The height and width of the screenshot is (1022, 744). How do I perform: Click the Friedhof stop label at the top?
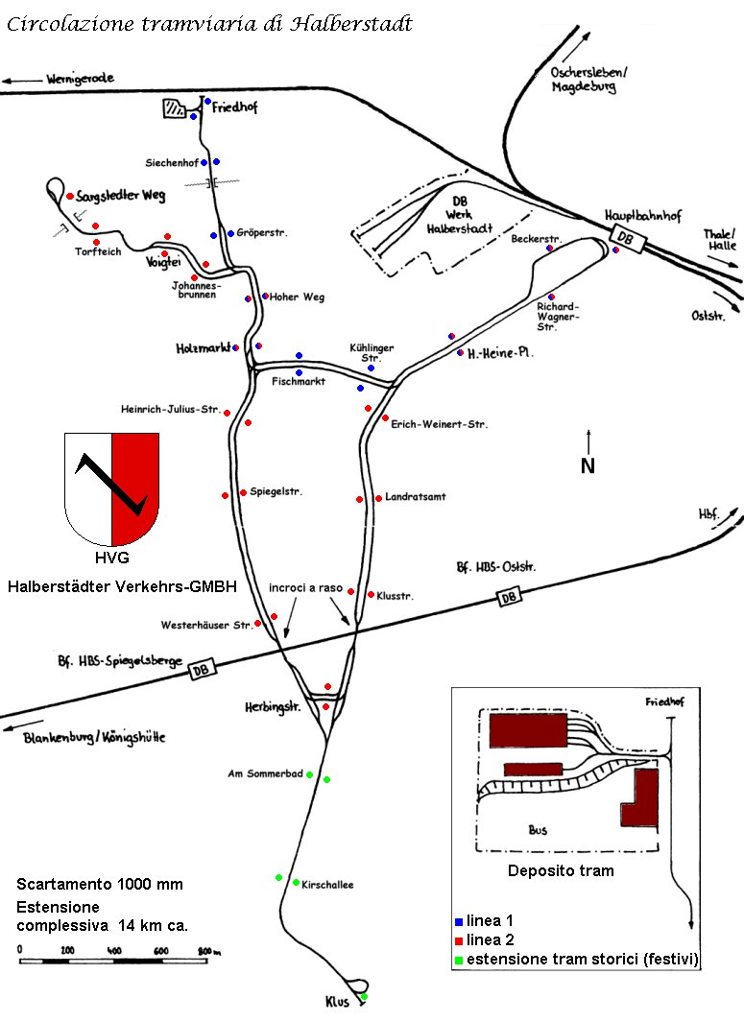[x=234, y=107]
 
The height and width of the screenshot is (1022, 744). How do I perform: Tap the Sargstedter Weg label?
[x=121, y=196]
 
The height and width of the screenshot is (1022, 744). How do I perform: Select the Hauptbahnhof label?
[x=643, y=216]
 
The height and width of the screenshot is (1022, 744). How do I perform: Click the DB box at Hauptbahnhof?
[x=626, y=239]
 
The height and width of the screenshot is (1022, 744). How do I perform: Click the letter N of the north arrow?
[x=588, y=465]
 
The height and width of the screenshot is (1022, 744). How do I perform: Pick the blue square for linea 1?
[x=458, y=921]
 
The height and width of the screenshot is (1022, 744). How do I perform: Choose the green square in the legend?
[x=458, y=960]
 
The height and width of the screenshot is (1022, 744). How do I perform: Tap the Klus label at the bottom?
[x=337, y=1002]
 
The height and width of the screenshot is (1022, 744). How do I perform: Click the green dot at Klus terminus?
[x=364, y=997]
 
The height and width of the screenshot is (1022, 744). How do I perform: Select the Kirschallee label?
[x=327, y=885]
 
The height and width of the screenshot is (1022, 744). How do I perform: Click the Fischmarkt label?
[x=299, y=381]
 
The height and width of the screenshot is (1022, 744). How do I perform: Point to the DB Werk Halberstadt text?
[x=460, y=215]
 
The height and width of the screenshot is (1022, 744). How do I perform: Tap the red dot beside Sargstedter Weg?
[x=70, y=196]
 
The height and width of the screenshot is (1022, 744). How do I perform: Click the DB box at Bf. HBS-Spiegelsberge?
[x=202, y=670]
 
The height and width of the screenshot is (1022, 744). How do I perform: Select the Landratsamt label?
[x=416, y=497]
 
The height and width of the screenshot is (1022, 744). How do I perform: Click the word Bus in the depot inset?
[x=538, y=830]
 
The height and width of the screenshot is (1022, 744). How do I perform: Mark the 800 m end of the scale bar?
[x=207, y=961]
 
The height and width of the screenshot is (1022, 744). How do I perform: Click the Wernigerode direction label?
[x=80, y=79]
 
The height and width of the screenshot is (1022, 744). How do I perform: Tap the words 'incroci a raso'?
[x=305, y=588]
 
